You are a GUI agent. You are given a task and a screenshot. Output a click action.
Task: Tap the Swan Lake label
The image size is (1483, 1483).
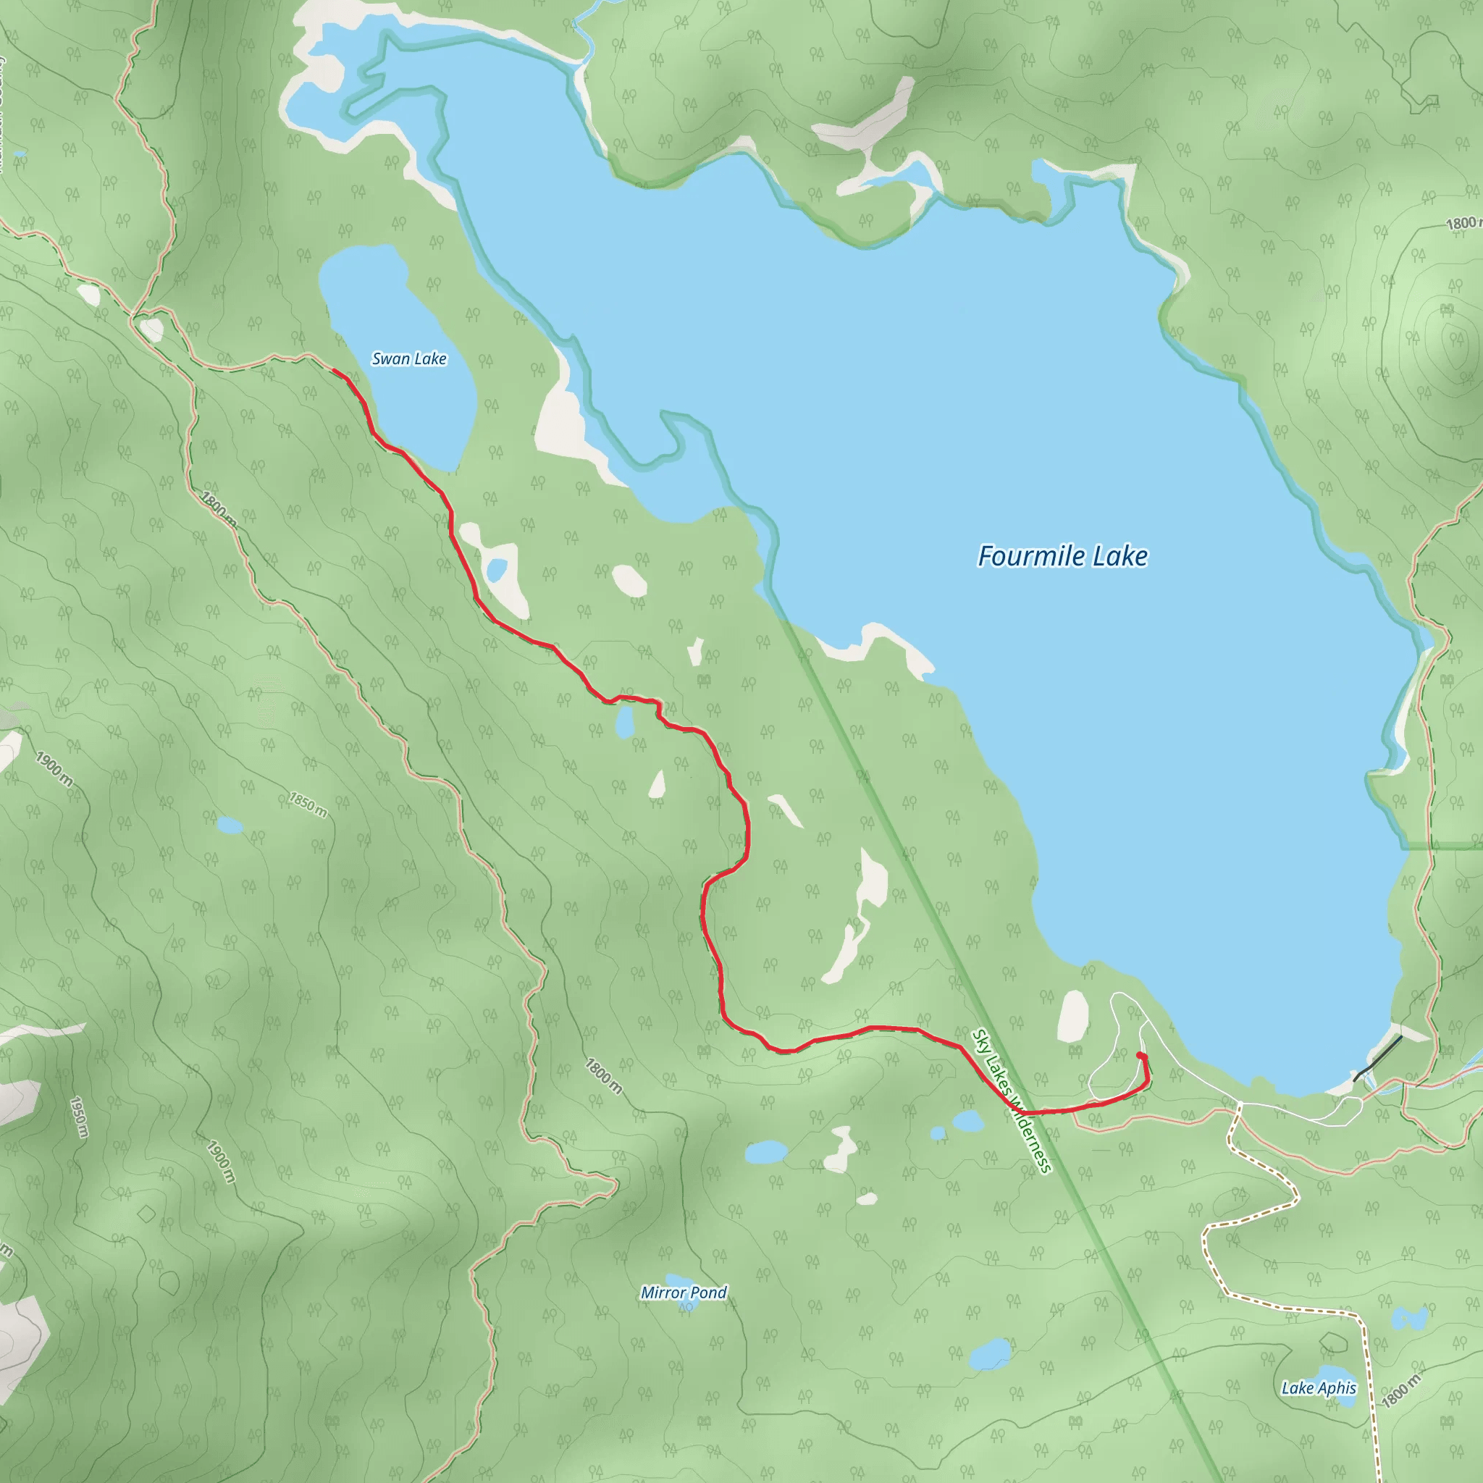coord(409,358)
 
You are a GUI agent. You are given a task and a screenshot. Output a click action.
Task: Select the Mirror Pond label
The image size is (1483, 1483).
coord(683,1293)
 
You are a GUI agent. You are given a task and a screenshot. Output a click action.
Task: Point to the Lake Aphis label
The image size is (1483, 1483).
coord(1319,1388)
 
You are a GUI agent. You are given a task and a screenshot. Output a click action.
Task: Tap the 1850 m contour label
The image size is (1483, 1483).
coord(307,805)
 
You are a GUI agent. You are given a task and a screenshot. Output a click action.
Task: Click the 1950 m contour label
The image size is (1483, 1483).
coord(78,1117)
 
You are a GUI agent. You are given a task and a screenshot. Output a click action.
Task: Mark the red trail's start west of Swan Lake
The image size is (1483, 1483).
coord(333,370)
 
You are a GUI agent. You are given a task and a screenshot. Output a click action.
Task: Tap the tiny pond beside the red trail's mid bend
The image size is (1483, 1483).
coord(625,722)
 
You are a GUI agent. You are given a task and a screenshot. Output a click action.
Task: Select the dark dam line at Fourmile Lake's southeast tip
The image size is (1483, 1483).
coord(1378,1059)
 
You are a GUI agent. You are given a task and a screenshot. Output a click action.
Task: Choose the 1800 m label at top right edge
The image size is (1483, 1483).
coord(1463,223)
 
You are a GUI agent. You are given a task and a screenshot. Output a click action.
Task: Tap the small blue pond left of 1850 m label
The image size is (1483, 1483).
coord(229,826)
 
